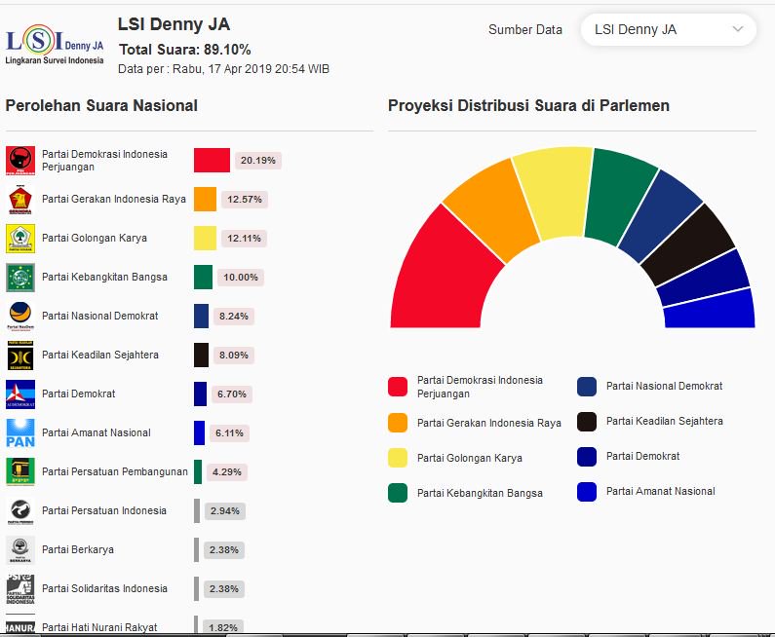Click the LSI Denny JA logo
click(55, 45)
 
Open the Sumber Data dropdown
click(668, 30)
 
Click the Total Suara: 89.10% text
click(184, 50)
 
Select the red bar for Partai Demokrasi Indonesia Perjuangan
click(212, 161)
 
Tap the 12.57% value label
click(245, 200)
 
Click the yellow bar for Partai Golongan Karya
click(205, 239)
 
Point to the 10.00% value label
click(240, 278)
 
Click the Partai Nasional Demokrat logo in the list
click(20, 316)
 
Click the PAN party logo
click(20, 432)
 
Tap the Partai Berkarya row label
click(78, 549)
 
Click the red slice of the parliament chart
click(438, 273)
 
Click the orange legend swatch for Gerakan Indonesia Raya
click(397, 423)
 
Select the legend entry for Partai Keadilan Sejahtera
click(664, 422)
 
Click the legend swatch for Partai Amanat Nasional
click(587, 492)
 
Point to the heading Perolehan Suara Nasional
click(101, 106)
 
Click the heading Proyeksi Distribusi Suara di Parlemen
click(528, 106)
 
